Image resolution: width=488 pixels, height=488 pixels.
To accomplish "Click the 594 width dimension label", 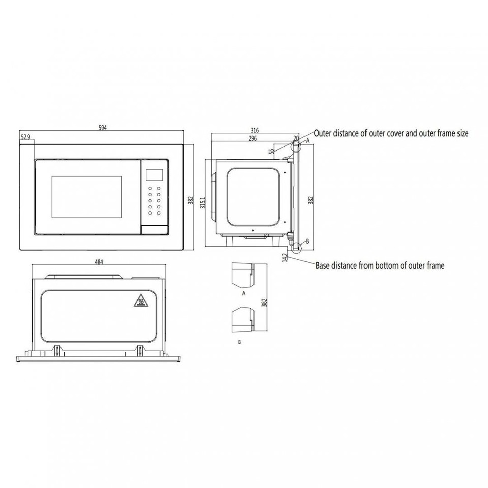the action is point(102,128).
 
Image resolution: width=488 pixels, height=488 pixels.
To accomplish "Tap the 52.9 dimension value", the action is point(26,137).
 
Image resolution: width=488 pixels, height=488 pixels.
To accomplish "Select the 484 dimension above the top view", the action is point(99,262).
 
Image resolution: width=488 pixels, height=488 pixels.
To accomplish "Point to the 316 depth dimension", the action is point(255,130).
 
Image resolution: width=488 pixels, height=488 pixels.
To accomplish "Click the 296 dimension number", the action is point(253,138).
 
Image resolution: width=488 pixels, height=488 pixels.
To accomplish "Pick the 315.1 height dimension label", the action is point(203,202).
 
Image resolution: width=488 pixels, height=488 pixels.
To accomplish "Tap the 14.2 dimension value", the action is point(285,257).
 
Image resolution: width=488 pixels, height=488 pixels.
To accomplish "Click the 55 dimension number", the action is point(272,151).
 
